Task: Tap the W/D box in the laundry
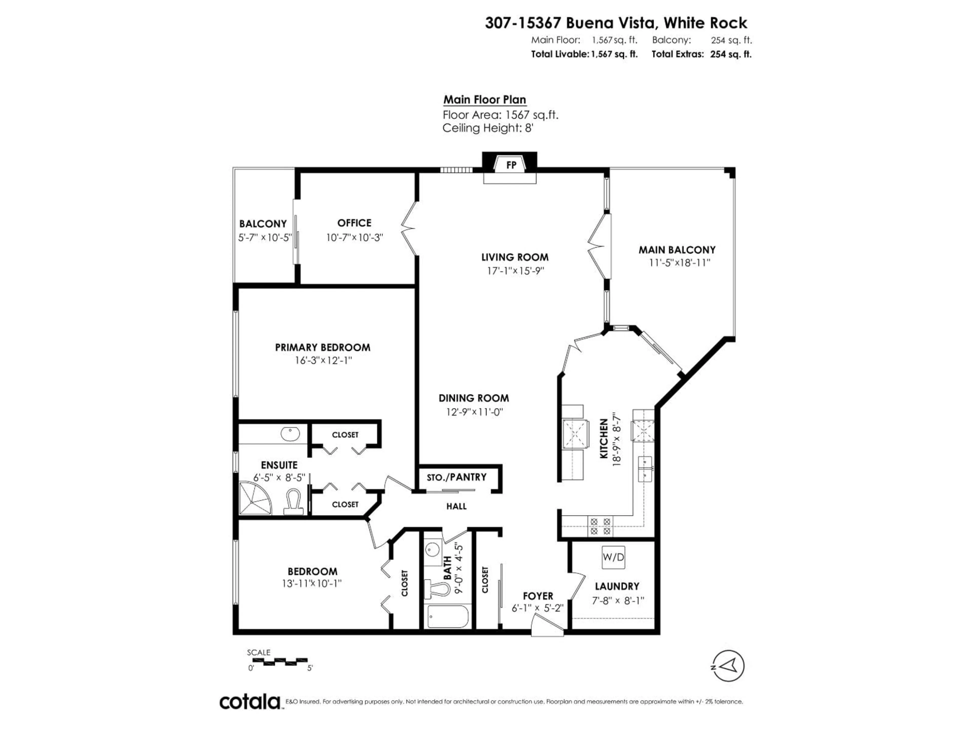click(x=613, y=557)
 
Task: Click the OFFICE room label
click(x=354, y=223)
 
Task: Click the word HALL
click(x=456, y=506)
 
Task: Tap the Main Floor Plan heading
click(x=484, y=100)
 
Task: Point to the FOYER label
click(x=537, y=596)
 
